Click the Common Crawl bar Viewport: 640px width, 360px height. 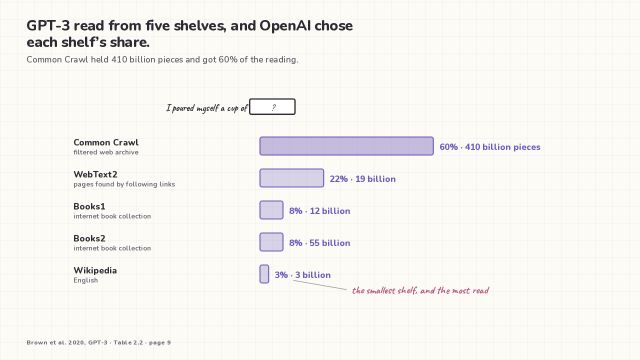coord(346,146)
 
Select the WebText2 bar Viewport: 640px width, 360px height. coord(291,178)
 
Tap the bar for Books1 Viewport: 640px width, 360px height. coord(271,210)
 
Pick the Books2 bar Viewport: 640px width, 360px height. coord(271,242)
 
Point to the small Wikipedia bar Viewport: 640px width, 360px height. coord(264,274)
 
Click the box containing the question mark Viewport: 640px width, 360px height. coord(272,107)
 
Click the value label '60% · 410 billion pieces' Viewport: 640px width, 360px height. coord(490,147)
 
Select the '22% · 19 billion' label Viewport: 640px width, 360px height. coord(363,179)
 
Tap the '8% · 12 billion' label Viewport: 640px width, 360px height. coord(319,211)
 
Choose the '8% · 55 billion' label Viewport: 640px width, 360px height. coord(319,243)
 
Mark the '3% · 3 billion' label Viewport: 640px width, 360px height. coord(303,275)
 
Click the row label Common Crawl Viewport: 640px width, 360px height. coord(106,142)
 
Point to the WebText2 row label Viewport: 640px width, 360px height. coord(95,174)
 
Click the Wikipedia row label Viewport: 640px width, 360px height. coord(95,270)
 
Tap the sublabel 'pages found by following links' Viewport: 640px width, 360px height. coord(124,184)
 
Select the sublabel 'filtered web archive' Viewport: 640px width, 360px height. coord(106,152)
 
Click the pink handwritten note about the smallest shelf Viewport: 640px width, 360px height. coord(420,290)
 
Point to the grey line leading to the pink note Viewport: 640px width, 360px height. coord(320,285)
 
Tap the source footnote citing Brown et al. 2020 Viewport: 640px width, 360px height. coord(99,342)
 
